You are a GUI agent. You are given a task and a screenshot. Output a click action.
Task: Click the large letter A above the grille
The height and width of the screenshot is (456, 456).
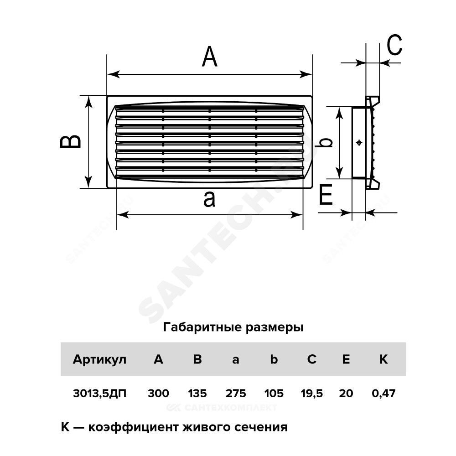click(x=209, y=57)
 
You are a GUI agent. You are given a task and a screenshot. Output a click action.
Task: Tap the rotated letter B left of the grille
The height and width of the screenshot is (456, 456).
click(x=70, y=142)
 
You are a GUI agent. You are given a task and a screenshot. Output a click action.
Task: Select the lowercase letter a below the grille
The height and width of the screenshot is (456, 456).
click(x=209, y=199)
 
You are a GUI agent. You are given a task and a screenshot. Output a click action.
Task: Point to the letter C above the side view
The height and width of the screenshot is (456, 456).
click(x=394, y=45)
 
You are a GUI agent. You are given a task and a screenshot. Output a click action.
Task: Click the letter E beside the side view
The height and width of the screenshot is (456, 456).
click(x=326, y=195)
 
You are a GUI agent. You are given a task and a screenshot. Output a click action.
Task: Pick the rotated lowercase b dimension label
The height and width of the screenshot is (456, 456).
click(x=326, y=142)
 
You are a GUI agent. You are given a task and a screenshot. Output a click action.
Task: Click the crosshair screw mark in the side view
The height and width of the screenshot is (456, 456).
click(x=359, y=142)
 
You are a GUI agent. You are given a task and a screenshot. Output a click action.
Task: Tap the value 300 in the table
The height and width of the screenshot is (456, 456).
click(x=158, y=394)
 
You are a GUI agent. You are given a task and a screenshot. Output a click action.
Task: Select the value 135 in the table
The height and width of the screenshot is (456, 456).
click(x=197, y=394)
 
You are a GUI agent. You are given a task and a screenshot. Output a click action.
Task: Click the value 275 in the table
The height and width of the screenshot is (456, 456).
click(x=236, y=394)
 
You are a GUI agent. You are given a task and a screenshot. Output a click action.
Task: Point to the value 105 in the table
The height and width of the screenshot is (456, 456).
click(x=274, y=394)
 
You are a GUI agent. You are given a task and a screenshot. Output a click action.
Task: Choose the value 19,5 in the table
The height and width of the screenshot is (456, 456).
click(x=312, y=394)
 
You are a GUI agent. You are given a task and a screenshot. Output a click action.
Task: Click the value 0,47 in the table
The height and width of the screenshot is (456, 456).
click(x=383, y=394)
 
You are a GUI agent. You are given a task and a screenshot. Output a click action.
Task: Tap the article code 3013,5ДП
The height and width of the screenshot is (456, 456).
click(x=100, y=394)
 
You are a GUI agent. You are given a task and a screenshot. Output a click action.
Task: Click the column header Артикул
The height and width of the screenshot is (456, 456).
click(x=99, y=360)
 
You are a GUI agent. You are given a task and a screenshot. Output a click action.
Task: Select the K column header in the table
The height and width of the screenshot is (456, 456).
click(x=383, y=359)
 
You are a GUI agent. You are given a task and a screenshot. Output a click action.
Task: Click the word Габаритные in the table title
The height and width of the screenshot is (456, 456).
click(x=202, y=327)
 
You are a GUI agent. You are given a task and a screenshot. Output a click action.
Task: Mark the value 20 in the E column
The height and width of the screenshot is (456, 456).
click(x=346, y=394)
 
